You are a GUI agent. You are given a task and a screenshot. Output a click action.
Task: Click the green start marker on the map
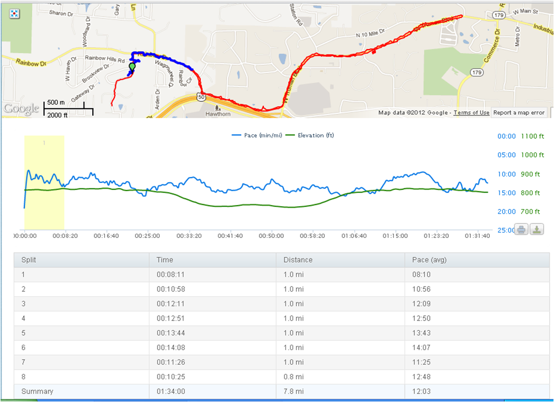pos(132,67)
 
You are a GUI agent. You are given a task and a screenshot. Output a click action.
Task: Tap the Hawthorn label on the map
pos(218,114)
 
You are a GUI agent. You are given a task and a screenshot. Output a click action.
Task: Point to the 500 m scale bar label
pos(56,102)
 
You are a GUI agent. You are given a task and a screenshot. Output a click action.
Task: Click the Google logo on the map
pos(21,108)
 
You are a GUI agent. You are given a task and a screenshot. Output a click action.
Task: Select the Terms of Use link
pos(471,113)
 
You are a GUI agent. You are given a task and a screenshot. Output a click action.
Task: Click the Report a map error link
pos(519,113)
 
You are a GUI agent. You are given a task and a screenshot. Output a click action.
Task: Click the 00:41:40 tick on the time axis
pos(230,236)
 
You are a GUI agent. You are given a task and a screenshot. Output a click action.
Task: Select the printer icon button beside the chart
pos(521,229)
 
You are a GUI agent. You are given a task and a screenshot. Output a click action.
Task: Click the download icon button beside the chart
pos(537,229)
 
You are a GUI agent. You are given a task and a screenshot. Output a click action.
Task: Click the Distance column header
pos(298,260)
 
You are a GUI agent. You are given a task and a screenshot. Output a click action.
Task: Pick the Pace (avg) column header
pos(429,260)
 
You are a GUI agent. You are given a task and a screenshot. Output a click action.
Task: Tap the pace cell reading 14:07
pos(421,348)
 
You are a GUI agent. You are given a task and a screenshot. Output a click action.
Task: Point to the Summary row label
pos(37,391)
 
